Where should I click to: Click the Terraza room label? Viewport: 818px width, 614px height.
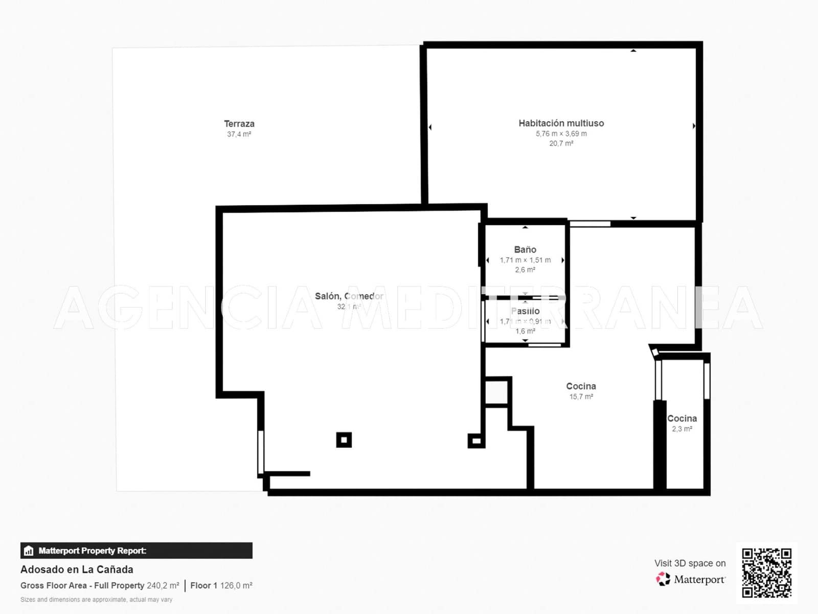point(239,124)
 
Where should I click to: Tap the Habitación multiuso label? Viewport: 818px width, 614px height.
point(561,123)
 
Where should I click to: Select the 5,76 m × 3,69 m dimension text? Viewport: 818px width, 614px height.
point(561,134)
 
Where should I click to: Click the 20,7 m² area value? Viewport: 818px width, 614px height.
point(561,144)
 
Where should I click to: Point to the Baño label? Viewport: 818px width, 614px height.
point(525,250)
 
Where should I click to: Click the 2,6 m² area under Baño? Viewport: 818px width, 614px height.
point(525,270)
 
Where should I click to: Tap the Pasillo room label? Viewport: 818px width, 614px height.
point(525,311)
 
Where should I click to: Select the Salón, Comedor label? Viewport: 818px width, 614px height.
point(349,296)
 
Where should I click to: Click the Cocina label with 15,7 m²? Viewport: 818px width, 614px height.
point(581,386)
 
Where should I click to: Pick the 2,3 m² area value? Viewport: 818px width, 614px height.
point(682,429)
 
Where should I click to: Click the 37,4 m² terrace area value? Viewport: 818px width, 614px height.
point(239,135)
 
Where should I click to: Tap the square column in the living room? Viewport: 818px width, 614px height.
point(344,440)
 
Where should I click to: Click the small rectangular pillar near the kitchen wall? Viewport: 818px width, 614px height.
point(476,441)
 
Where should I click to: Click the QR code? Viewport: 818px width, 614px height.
point(766,573)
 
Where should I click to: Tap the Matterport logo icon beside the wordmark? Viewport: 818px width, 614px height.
point(663,579)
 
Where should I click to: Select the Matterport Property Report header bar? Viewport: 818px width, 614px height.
point(136,551)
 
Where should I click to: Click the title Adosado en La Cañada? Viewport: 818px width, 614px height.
point(77,569)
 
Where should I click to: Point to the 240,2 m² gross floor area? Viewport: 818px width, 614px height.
point(163,585)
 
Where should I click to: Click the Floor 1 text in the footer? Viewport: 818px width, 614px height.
point(203,585)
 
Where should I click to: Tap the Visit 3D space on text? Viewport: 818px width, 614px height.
point(690,563)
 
